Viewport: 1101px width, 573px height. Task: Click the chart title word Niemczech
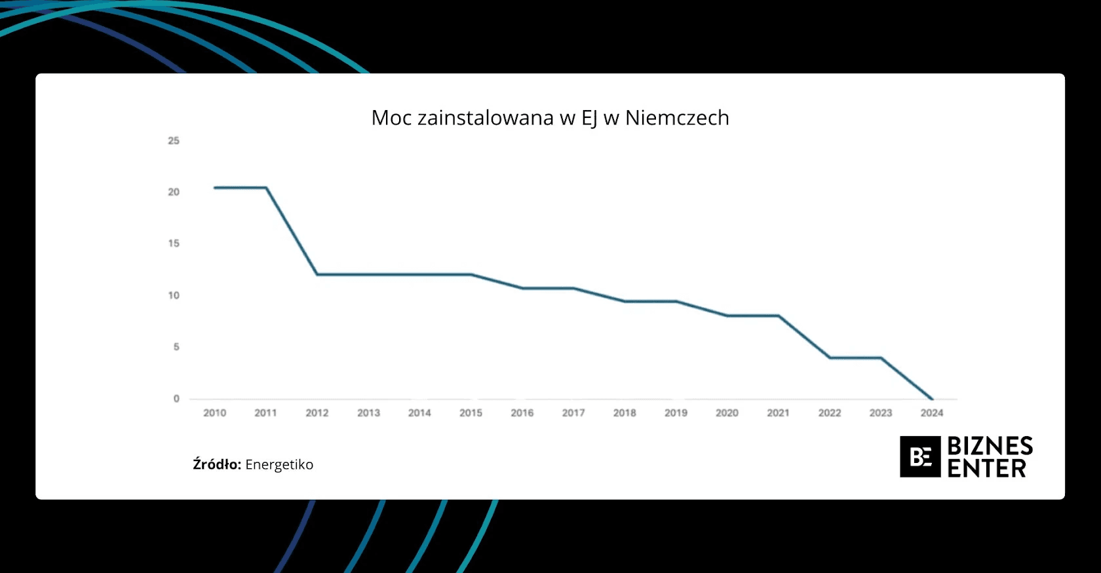pos(677,118)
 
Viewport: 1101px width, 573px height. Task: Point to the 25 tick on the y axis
pos(174,141)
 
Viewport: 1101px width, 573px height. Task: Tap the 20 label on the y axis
pos(174,192)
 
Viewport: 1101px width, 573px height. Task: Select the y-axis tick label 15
pos(174,244)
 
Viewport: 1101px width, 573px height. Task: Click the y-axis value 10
pos(174,295)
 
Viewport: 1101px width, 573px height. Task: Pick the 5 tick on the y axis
pos(176,347)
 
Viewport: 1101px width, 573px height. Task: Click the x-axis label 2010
pos(214,413)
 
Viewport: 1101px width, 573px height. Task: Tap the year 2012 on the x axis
pos(317,413)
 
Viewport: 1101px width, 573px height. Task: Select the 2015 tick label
pos(471,413)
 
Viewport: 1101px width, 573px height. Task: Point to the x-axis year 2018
pos(625,413)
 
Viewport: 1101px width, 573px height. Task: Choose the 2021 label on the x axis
pos(778,413)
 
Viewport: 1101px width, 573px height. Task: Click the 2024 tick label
pos(932,413)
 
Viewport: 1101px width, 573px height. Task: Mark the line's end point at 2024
pos(932,398)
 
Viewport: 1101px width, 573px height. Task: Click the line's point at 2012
pos(317,274)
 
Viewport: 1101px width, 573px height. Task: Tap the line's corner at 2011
pos(266,188)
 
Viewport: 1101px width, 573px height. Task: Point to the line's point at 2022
pos(830,358)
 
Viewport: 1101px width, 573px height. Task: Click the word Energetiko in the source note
pos(279,465)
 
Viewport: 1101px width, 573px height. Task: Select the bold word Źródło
pos(217,464)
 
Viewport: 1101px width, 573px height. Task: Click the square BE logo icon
pos(920,456)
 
